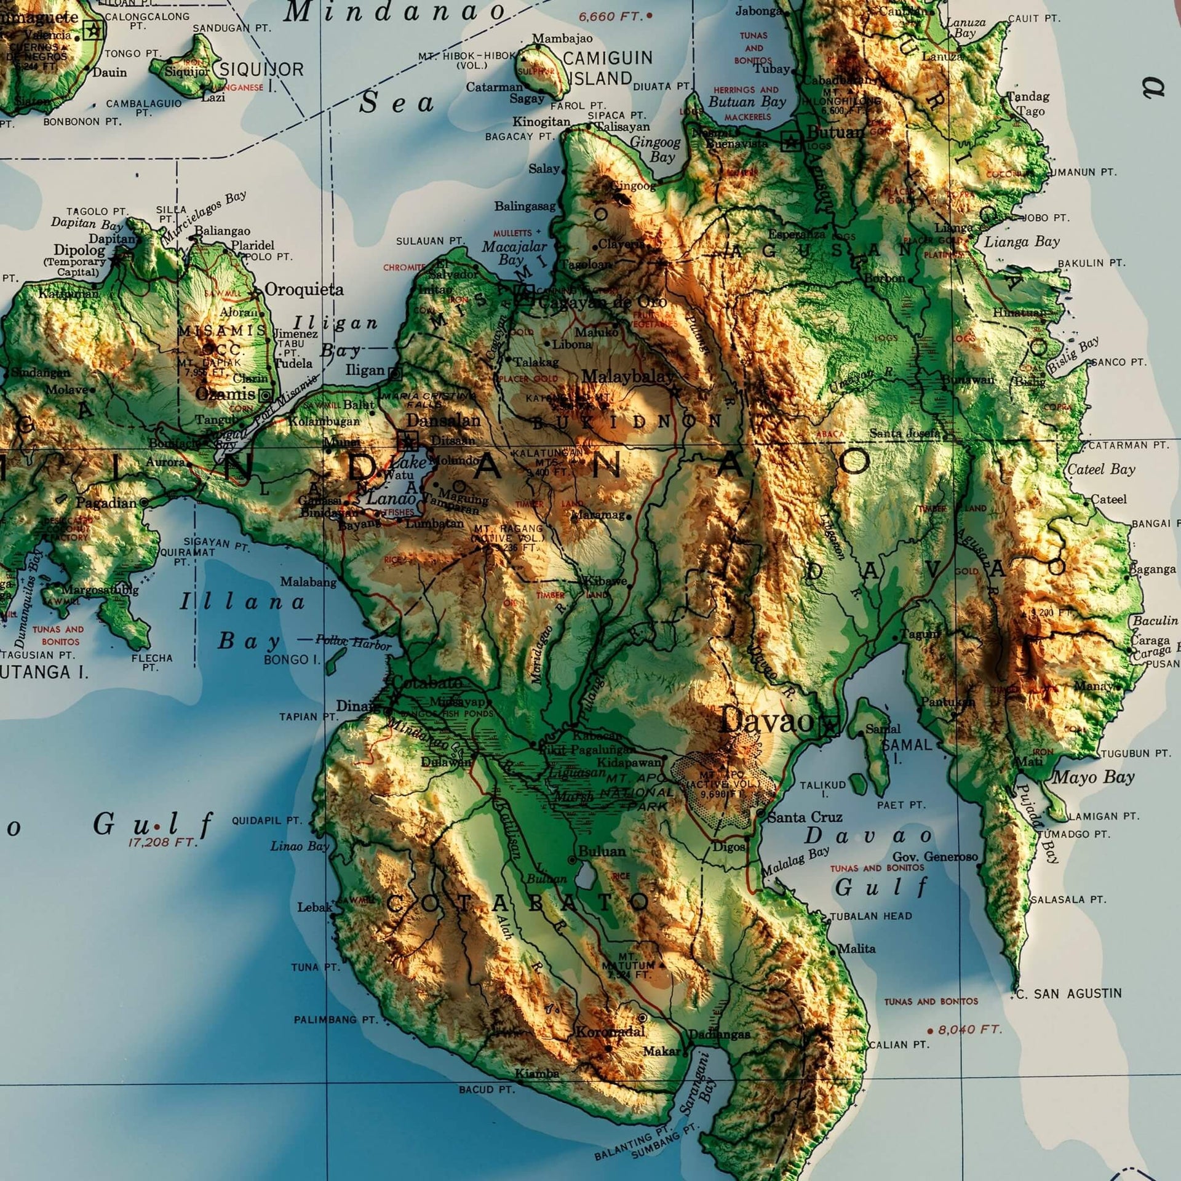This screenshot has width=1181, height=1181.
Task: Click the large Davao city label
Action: pyautogui.click(x=766, y=720)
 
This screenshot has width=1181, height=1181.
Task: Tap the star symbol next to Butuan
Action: pyautogui.click(x=791, y=143)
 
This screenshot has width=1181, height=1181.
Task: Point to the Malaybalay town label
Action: pyautogui.click(x=626, y=376)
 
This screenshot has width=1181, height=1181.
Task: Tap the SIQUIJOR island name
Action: pyautogui.click(x=261, y=70)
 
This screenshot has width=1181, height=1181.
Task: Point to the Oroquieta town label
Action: pyautogui.click(x=304, y=290)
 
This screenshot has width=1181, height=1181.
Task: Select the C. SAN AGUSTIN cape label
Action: pyautogui.click(x=1068, y=993)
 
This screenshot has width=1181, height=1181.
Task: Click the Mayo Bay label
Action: pyautogui.click(x=1093, y=777)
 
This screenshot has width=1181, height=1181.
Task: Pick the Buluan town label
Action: pyautogui.click(x=602, y=852)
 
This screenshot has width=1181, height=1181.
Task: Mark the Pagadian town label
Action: pyautogui.click(x=106, y=503)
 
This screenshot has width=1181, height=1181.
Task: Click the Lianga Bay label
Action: pyautogui.click(x=1022, y=242)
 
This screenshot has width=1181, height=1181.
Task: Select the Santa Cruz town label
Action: pyautogui.click(x=805, y=817)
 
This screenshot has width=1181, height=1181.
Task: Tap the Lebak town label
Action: pyautogui.click(x=314, y=907)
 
